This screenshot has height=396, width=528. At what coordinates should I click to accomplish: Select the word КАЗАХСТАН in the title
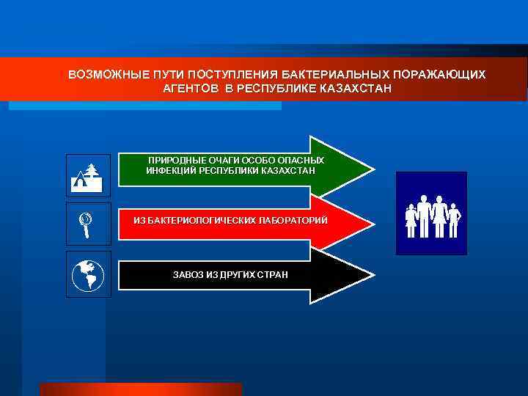click(356, 88)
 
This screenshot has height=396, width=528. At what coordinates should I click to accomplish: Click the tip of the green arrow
click(373, 169)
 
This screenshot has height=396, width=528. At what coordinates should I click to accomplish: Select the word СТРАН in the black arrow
click(273, 274)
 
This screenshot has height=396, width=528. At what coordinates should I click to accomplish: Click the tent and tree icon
click(88, 175)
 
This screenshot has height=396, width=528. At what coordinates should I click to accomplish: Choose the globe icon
click(88, 274)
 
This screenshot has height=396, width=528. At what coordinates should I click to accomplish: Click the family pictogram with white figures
click(431, 213)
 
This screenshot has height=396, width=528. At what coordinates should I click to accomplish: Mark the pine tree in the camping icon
click(92, 173)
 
